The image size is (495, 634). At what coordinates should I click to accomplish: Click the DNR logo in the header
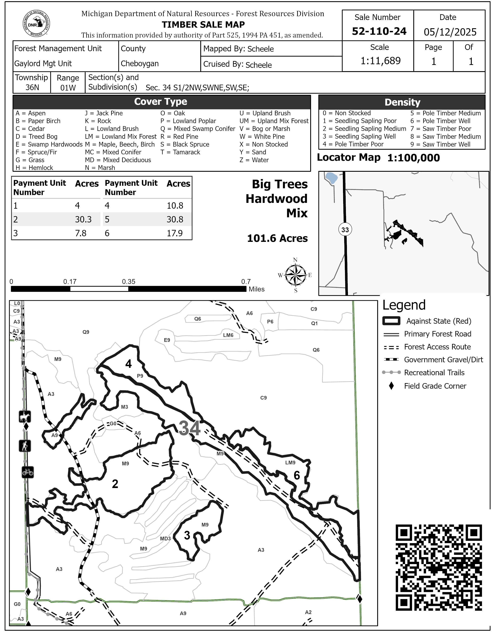click(36, 24)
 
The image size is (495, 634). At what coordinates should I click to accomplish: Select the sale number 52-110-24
click(379, 31)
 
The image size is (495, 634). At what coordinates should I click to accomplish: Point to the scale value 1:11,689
click(380, 61)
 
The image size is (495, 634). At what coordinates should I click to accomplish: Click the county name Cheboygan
click(140, 64)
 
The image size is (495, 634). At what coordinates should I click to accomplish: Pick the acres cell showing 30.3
click(83, 219)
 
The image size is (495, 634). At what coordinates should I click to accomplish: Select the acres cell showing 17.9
click(174, 233)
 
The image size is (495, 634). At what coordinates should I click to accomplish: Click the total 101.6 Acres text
click(277, 238)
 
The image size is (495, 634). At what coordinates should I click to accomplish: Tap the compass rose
click(295, 275)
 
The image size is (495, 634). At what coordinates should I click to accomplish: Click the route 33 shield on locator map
click(345, 230)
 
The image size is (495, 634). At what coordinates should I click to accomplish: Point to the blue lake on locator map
click(331, 178)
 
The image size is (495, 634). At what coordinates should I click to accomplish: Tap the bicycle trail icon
click(28, 472)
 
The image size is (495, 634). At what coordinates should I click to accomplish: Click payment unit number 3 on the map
click(187, 535)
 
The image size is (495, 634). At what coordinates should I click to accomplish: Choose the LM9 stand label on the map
click(290, 463)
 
